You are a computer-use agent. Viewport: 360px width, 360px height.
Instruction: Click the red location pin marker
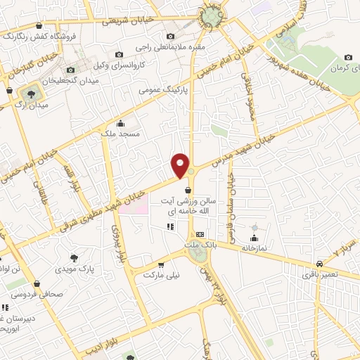point(181,166)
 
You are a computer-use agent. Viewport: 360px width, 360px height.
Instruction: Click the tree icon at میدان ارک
point(30,92)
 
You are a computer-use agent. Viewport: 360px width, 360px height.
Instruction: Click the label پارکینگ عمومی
point(162,91)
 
